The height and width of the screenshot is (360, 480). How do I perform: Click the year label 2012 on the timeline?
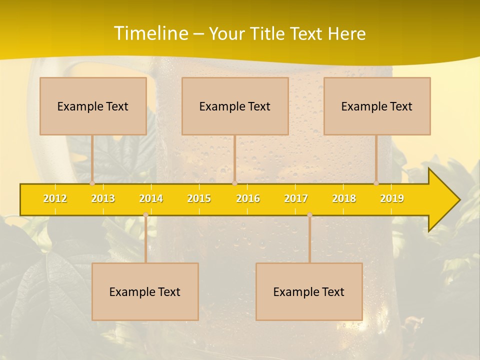[x=55, y=198]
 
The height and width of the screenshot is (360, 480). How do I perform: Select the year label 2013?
[x=103, y=198]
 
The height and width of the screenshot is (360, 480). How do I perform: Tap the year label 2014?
[x=151, y=198]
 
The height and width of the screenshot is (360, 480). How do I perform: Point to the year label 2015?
[x=199, y=198]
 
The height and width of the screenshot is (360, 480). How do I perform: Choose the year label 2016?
[x=248, y=198]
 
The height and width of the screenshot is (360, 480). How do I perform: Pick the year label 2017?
[x=296, y=198]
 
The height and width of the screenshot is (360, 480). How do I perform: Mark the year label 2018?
[x=344, y=198]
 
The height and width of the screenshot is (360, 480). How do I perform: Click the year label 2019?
[x=392, y=198]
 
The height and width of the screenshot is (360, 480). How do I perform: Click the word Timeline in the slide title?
[x=150, y=33]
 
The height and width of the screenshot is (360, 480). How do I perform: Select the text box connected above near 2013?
[x=93, y=106]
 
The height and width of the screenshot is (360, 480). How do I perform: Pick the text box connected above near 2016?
[x=235, y=106]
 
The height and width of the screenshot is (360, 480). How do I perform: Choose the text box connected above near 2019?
[x=377, y=106]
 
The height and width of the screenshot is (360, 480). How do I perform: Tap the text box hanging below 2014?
[x=145, y=291]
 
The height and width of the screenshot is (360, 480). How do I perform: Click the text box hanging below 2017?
[x=309, y=291]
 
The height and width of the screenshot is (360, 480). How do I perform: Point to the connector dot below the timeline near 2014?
[x=145, y=214]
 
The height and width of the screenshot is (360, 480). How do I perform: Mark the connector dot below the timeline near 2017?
[x=309, y=214]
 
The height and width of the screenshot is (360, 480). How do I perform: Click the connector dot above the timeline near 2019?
[x=376, y=183]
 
